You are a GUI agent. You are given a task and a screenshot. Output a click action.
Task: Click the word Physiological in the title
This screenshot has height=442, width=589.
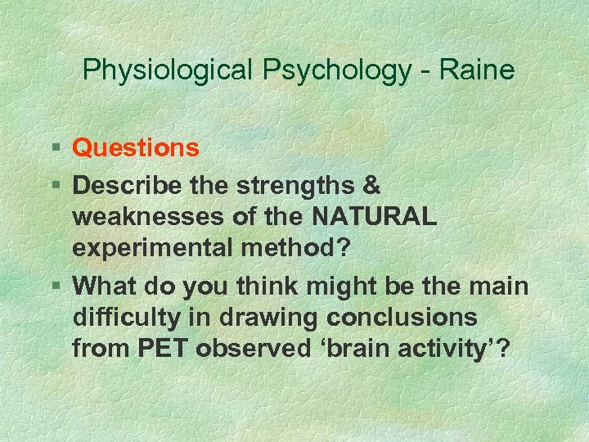(169, 70)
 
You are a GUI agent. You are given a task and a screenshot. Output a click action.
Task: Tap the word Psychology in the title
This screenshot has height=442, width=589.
(337, 70)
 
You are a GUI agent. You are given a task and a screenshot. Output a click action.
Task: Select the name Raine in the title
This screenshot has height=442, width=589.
(477, 70)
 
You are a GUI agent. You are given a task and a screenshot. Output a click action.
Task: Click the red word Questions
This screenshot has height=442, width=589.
(136, 148)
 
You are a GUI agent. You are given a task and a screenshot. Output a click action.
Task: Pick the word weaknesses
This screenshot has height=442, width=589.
(149, 219)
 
